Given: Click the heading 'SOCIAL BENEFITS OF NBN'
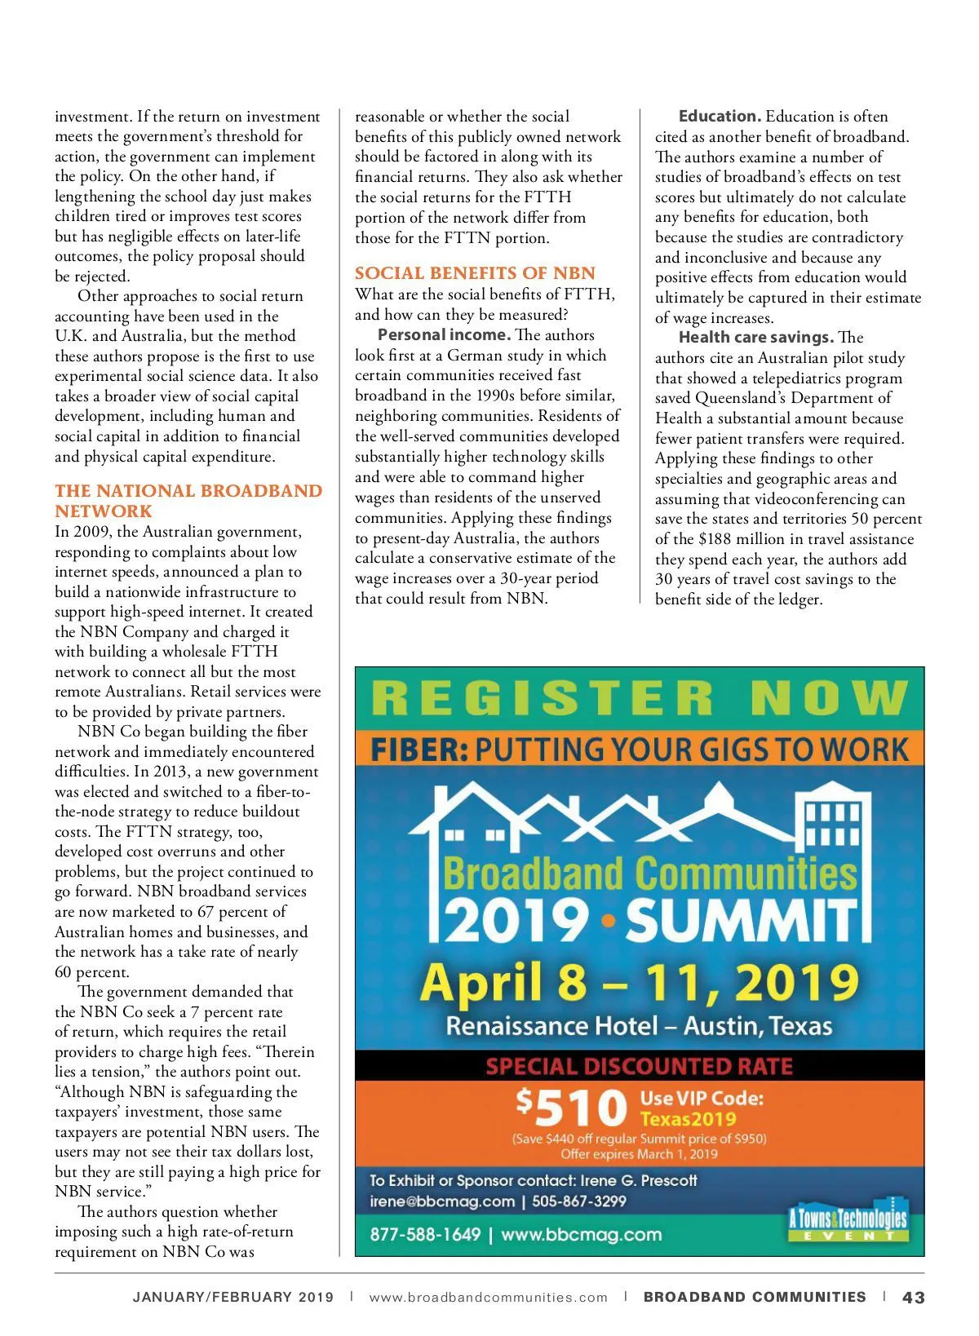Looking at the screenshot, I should point(475,273).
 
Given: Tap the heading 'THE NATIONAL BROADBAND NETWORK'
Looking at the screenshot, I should point(188,501).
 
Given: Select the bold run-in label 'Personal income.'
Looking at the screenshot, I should point(444,335).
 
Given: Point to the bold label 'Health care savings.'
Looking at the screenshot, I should point(755,338).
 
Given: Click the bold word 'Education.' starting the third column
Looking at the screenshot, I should point(720,117).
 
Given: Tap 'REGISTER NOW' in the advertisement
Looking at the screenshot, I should point(640,699).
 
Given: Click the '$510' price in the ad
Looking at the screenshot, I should point(571,1108).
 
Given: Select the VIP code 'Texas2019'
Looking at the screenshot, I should point(688,1119).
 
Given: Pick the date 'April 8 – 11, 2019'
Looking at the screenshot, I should point(640,982).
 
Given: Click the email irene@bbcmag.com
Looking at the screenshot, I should point(442,1201).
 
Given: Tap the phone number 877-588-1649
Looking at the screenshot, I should point(425,1234).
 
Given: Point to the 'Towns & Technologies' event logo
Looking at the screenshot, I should point(848,1221).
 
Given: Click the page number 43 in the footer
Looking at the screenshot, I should point(914,1297).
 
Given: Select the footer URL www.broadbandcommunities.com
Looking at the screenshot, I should point(488,1297).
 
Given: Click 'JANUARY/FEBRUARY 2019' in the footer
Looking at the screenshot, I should point(233,1297).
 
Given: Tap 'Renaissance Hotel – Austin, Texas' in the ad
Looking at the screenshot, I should point(640,1026).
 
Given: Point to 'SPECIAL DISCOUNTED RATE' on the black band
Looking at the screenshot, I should point(640,1066).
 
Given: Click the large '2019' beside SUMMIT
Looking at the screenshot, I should point(516,921).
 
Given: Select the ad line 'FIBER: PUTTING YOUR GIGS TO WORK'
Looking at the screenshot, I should point(640,750).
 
